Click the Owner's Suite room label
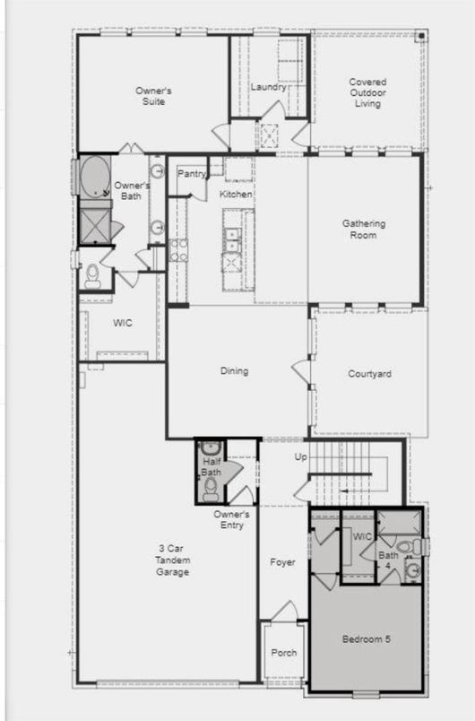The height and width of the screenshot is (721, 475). (153, 96)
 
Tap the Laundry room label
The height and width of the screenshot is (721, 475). (268, 87)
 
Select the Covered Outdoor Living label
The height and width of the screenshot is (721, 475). (366, 92)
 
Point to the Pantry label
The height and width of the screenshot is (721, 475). (192, 174)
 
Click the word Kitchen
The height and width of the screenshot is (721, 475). (236, 195)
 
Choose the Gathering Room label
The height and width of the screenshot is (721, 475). (364, 230)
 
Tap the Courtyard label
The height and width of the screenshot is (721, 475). (369, 373)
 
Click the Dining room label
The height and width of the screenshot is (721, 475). (234, 371)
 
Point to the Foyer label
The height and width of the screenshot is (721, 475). (283, 562)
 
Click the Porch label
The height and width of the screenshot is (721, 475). (282, 653)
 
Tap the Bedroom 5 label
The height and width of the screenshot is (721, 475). (366, 639)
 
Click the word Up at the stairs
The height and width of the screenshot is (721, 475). (301, 457)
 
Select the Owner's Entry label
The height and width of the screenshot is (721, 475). (231, 519)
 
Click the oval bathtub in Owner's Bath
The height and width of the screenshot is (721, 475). (93, 177)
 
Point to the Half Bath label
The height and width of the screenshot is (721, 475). (212, 466)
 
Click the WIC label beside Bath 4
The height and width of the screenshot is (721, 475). (362, 537)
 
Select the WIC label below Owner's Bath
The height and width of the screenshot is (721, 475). (123, 323)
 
